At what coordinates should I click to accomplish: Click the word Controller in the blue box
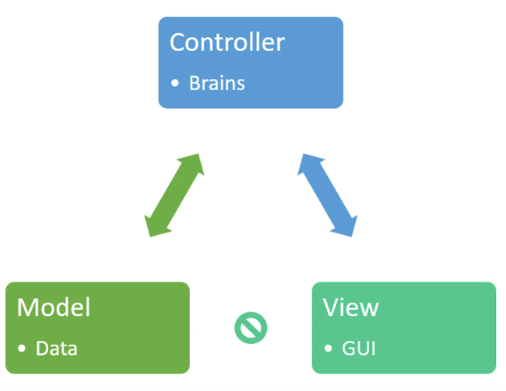point(226,43)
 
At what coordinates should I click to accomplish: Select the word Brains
point(216,84)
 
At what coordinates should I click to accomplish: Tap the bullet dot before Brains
point(175,84)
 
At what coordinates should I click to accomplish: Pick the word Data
point(56,348)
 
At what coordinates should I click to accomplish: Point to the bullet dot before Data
point(22,348)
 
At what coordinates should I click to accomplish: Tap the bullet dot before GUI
point(328,348)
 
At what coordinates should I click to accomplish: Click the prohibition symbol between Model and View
point(250,328)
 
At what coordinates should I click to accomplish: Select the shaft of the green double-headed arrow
point(175,196)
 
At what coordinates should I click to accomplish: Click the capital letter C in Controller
point(177,43)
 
